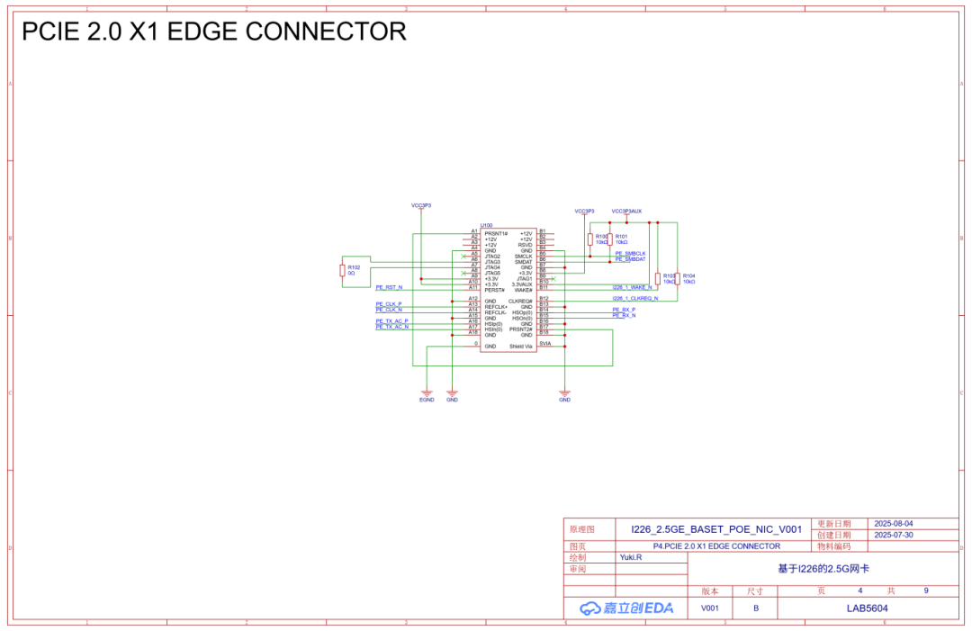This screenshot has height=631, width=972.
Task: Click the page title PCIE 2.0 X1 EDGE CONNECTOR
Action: (214, 32)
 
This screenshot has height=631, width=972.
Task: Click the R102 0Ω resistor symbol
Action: (342, 270)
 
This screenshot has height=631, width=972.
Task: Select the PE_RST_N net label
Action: (389, 287)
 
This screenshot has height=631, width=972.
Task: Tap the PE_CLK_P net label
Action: (389, 304)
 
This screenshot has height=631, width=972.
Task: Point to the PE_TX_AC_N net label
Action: (391, 327)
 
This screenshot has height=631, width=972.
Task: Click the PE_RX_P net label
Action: (624, 310)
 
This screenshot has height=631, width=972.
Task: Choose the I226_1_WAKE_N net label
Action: (632, 287)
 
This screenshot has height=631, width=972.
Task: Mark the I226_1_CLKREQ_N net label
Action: (634, 298)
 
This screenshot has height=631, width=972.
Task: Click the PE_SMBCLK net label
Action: (630, 254)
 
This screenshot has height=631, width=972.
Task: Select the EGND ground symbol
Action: (427, 393)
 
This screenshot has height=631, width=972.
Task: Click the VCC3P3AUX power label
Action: (626, 211)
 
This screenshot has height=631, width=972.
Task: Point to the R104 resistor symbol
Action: (677, 278)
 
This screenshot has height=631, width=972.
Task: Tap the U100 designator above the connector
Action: (486, 225)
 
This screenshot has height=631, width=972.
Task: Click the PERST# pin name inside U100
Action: (494, 290)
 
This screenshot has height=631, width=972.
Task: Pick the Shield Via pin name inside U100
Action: (521, 347)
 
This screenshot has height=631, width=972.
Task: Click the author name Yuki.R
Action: (631, 557)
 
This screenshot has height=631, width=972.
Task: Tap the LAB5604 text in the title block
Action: (867, 608)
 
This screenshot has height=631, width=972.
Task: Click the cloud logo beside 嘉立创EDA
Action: (589, 608)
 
